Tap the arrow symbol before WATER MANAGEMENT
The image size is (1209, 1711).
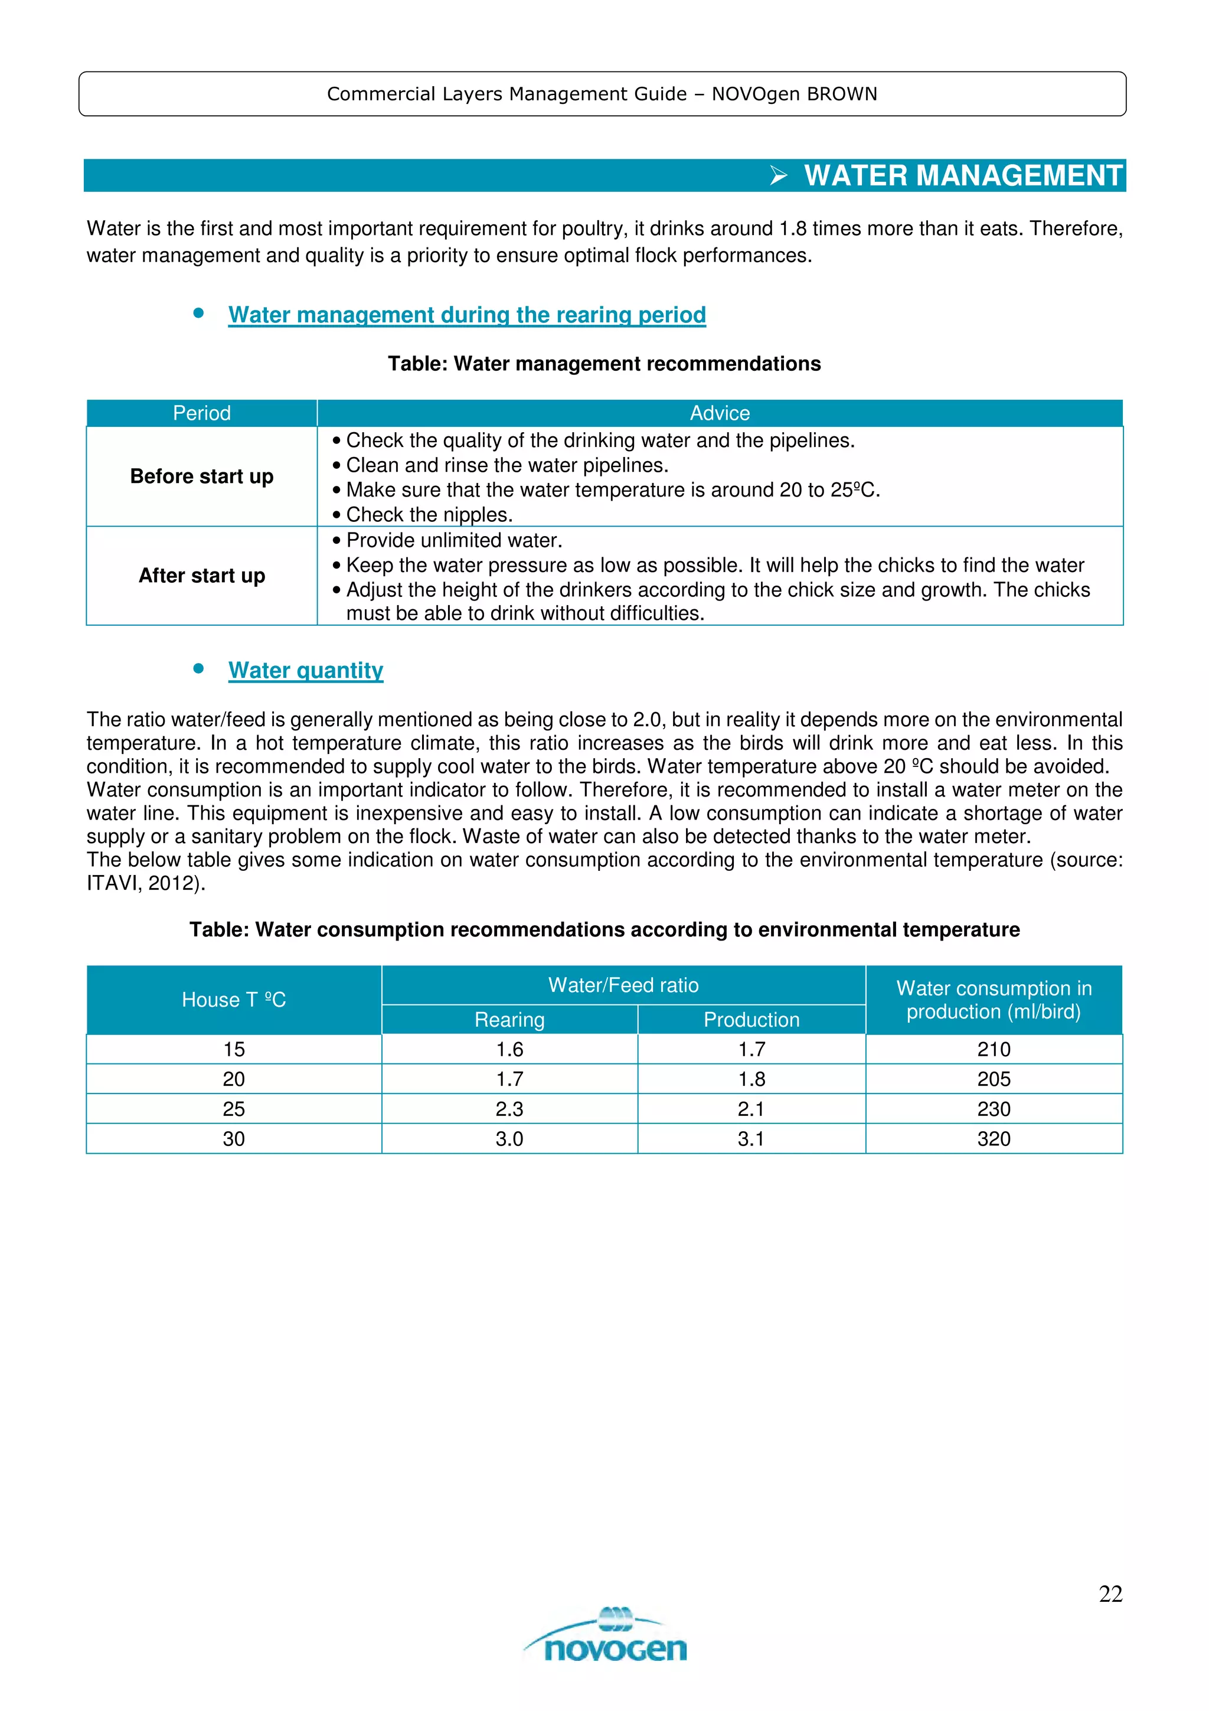tap(779, 177)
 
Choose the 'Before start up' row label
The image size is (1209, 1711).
tap(202, 476)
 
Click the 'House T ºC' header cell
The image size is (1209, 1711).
tap(234, 1000)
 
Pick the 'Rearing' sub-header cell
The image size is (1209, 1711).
tap(509, 1020)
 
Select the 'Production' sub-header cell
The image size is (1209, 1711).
tap(751, 1020)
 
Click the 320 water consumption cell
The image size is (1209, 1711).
tap(994, 1139)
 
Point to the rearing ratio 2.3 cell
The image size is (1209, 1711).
tap(509, 1109)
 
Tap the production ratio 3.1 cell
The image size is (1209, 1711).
tap(751, 1139)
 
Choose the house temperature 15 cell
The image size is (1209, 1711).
tap(234, 1049)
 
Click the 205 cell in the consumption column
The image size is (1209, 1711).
tap(994, 1079)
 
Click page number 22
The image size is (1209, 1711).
tap(1110, 1594)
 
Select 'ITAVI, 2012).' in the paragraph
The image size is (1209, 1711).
tap(146, 884)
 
